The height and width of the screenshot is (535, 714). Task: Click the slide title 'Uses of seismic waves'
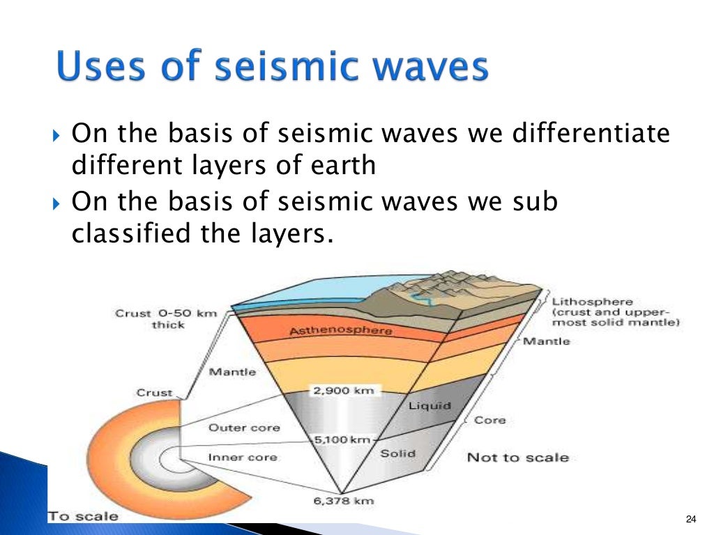[270, 68]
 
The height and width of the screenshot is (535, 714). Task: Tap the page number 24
[691, 518]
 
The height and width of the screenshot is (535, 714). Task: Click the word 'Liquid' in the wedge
[430, 405]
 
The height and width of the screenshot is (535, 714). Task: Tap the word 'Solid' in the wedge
[398, 453]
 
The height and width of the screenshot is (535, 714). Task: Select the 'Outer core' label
[234, 428]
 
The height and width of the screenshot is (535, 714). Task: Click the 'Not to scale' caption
[517, 458]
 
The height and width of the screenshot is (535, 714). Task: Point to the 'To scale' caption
[83, 517]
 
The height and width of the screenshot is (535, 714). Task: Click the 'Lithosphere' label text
[593, 302]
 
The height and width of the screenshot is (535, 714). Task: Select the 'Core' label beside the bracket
[490, 420]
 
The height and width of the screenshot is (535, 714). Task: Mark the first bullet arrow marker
[57, 133]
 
